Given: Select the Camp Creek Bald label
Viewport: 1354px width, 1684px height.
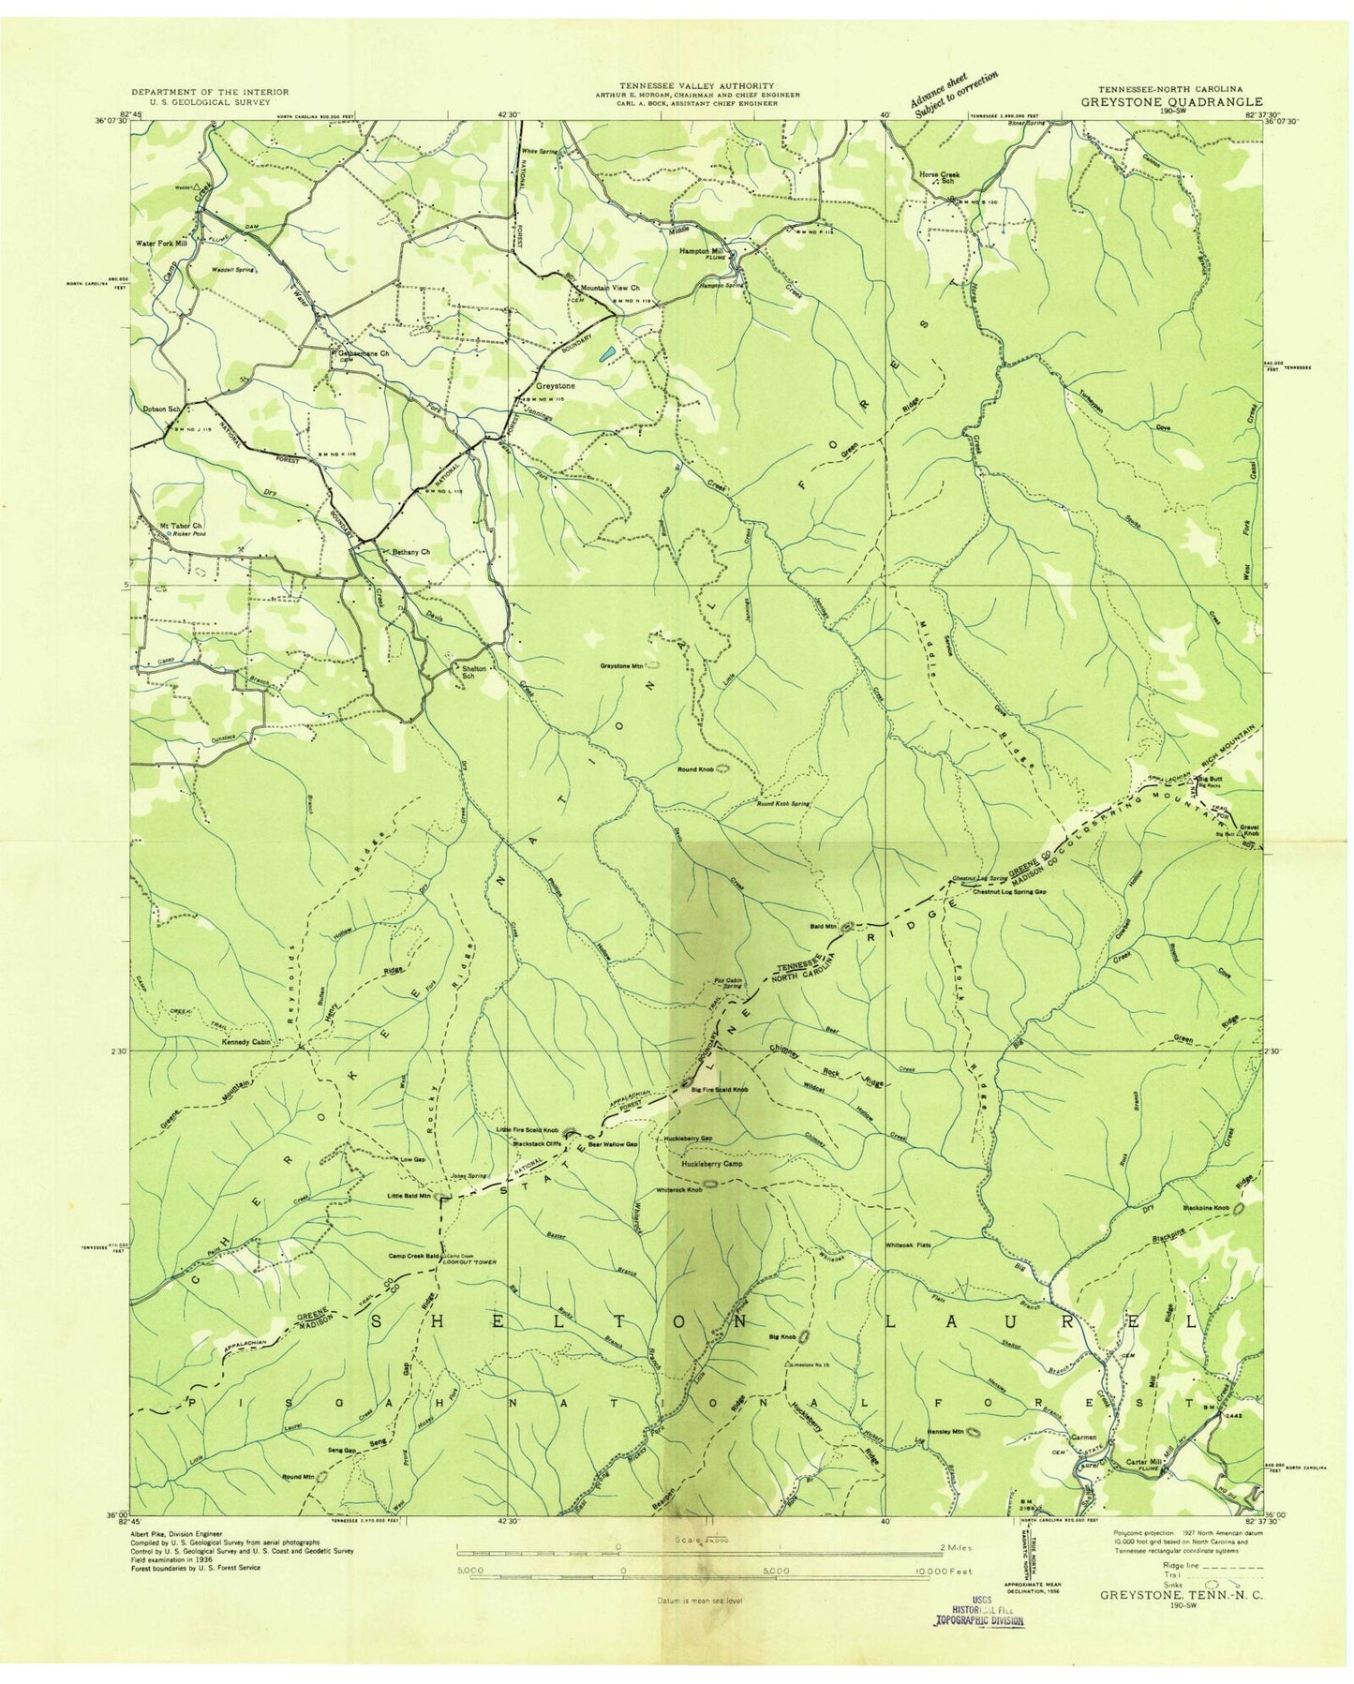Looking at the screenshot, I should (413, 1256).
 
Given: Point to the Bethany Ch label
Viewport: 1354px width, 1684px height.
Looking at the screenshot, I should (410, 552).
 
